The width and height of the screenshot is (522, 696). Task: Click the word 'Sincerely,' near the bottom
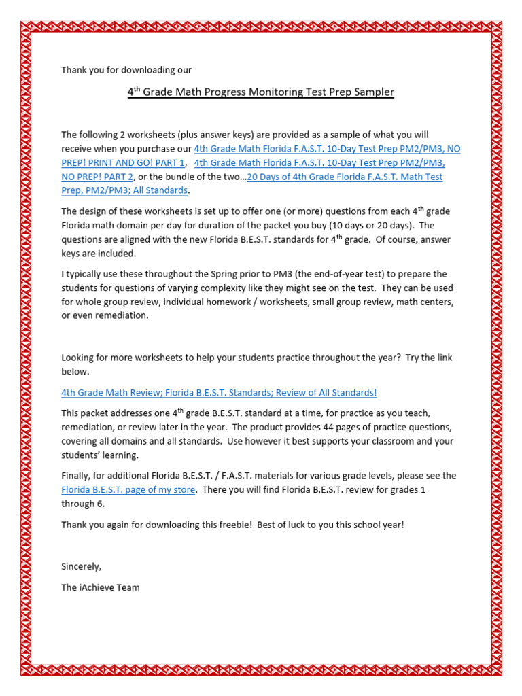click(x=81, y=565)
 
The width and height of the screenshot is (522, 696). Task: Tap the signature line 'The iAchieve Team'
click(x=100, y=587)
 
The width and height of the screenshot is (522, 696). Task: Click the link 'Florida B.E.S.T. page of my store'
click(x=128, y=489)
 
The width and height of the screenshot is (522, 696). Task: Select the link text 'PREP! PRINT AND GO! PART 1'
click(x=123, y=162)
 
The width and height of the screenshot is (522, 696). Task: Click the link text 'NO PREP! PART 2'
click(x=97, y=177)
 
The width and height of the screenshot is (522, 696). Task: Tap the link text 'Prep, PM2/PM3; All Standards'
click(x=124, y=190)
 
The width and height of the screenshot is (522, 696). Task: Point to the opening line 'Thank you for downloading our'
click(x=126, y=69)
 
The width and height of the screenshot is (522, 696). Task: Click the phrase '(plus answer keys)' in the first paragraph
click(x=183, y=135)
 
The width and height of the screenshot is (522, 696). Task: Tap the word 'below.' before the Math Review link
click(x=75, y=371)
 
